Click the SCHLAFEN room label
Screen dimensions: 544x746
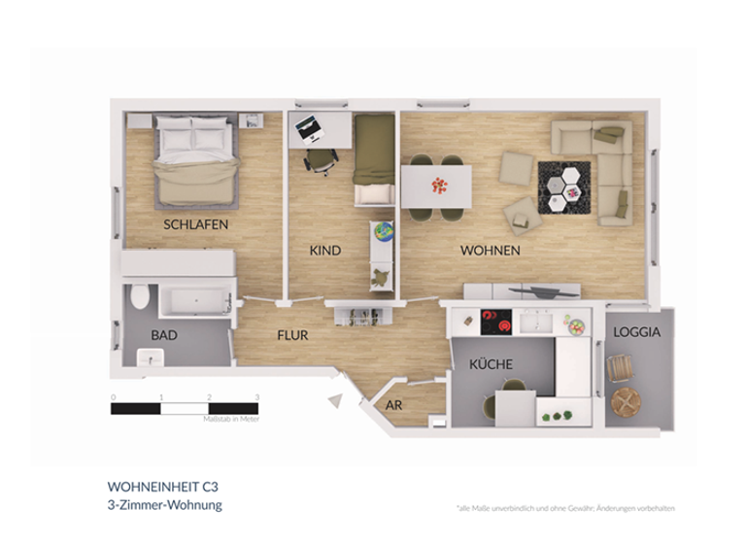pyautogui.click(x=195, y=224)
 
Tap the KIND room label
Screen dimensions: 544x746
pyautogui.click(x=325, y=251)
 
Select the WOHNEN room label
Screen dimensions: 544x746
pyautogui.click(x=490, y=251)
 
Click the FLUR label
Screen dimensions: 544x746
pyautogui.click(x=292, y=335)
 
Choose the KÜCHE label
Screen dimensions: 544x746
pyautogui.click(x=491, y=364)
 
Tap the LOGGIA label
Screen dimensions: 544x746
pyautogui.click(x=637, y=332)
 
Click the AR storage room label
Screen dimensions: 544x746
pyautogui.click(x=394, y=405)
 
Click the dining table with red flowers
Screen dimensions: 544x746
pyautogui.click(x=436, y=185)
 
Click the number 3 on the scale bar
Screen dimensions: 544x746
pyautogui.click(x=256, y=397)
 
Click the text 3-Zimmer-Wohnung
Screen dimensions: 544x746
pyautogui.click(x=164, y=505)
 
